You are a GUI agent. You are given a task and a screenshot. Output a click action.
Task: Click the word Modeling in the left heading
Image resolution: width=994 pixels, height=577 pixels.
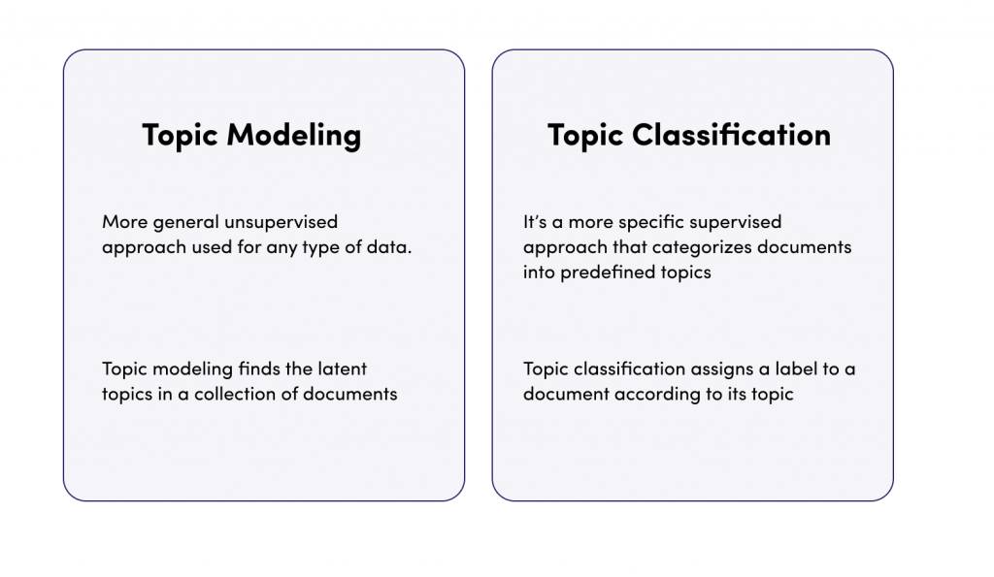[x=294, y=136]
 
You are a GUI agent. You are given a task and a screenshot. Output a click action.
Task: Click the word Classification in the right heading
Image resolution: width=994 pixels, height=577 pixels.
[x=731, y=134]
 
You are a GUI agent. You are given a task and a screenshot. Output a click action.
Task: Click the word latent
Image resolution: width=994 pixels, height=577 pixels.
[x=343, y=369]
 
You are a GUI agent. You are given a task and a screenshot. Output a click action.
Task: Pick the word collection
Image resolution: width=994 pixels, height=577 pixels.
[x=235, y=394]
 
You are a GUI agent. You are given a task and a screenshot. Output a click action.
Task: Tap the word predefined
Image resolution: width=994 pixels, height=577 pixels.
[x=608, y=272]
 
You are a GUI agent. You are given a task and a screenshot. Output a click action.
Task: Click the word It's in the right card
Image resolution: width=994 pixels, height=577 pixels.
[x=535, y=222]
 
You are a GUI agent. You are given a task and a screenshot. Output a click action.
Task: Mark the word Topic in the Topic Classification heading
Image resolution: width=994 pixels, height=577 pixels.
[x=585, y=136]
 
